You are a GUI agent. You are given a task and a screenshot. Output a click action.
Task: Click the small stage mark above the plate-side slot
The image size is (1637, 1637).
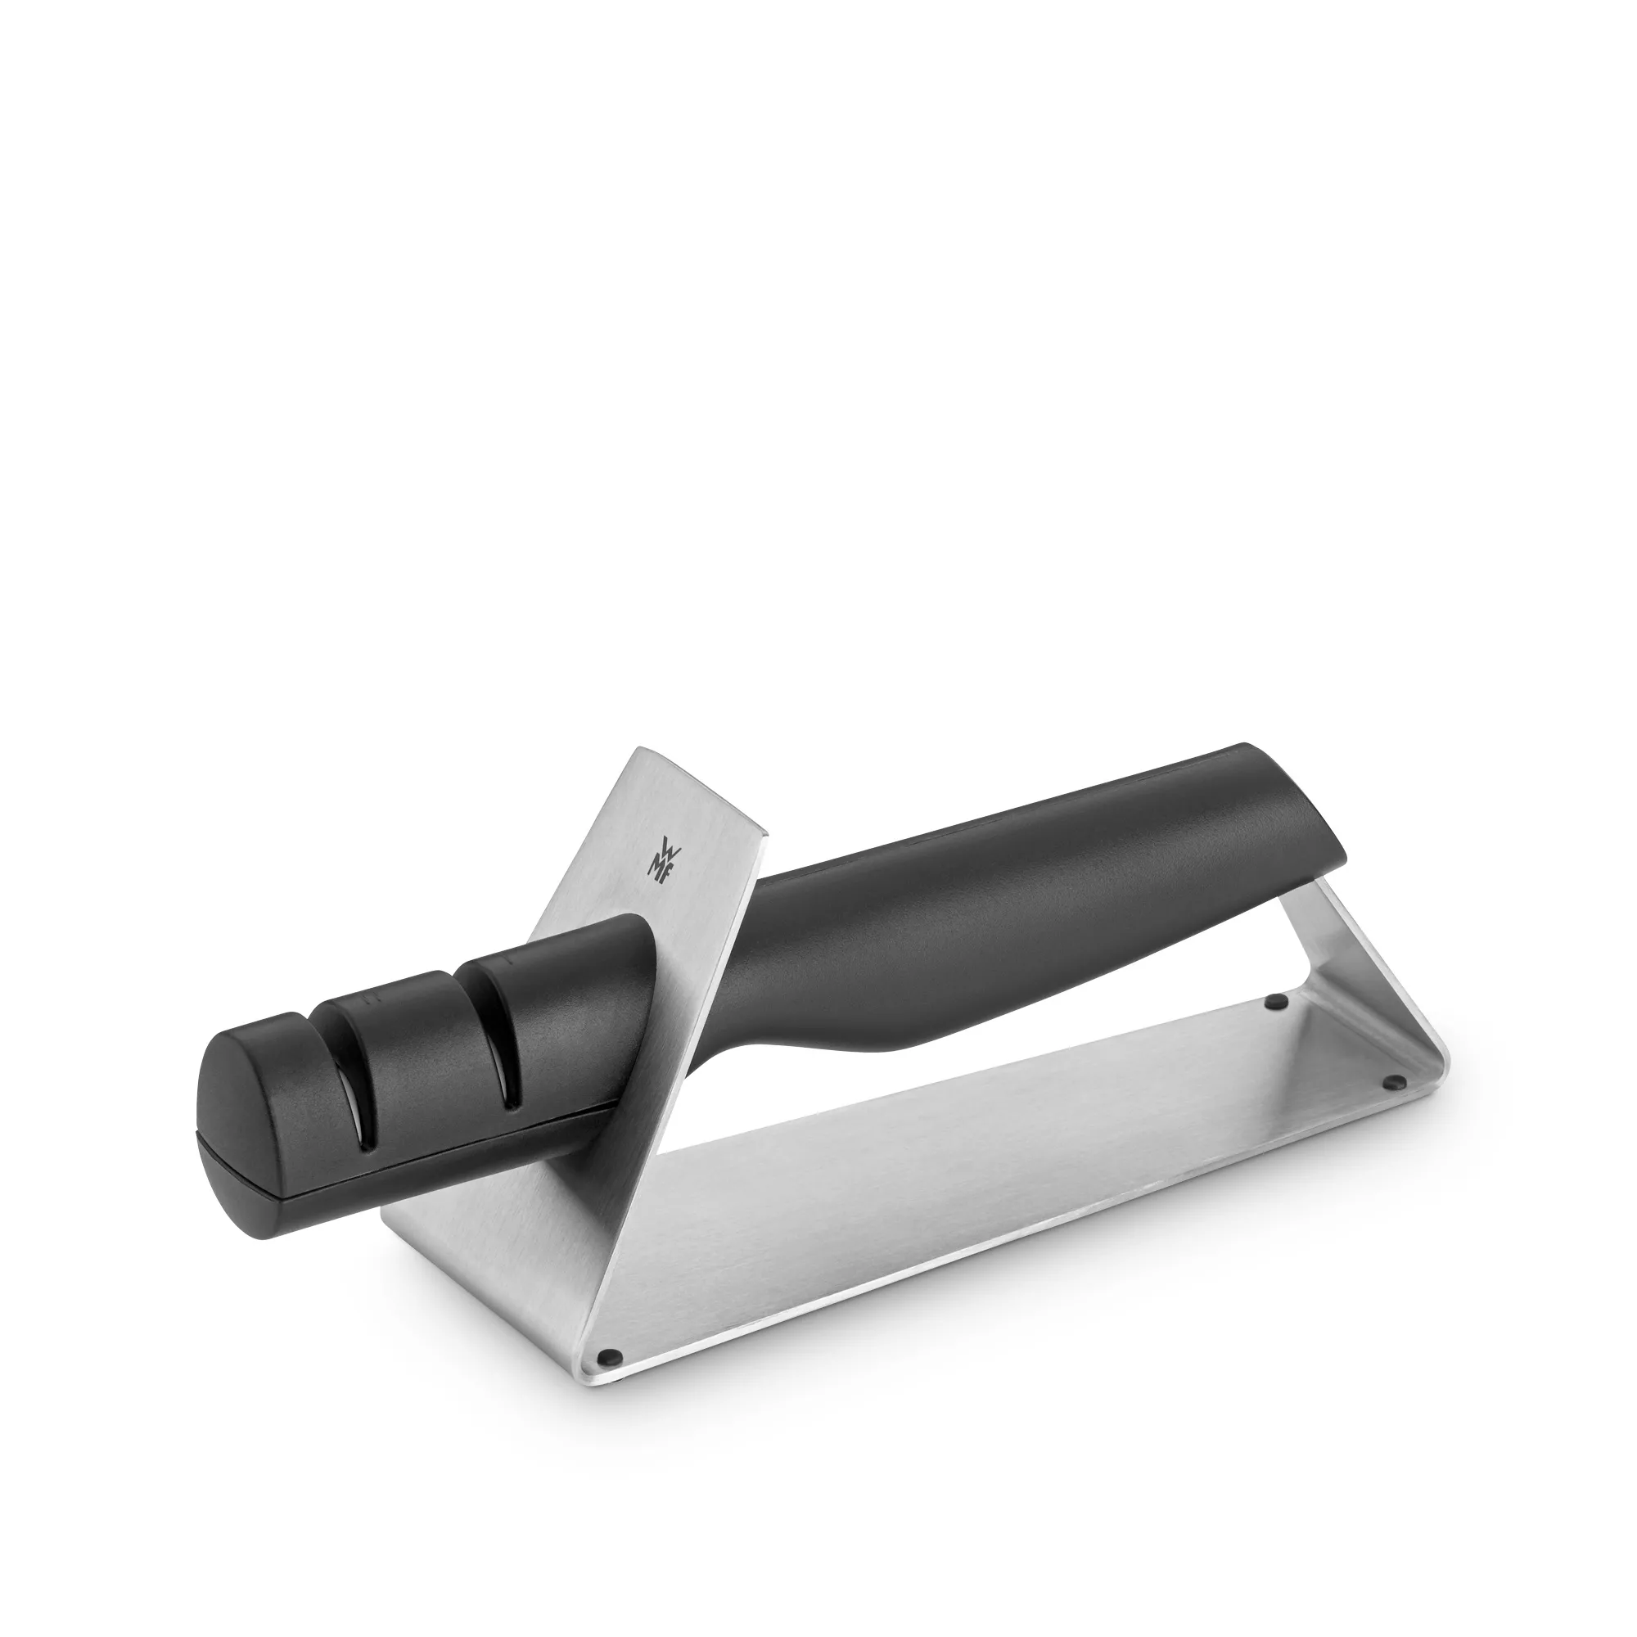click(x=511, y=963)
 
